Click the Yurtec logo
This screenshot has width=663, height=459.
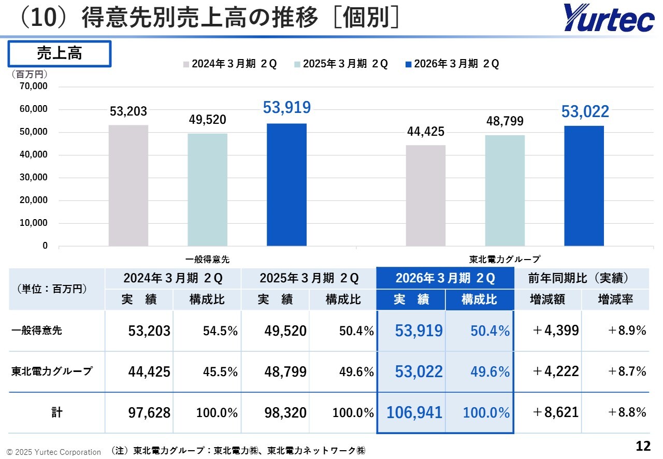click(x=609, y=18)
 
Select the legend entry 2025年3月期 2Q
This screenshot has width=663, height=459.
click(x=341, y=64)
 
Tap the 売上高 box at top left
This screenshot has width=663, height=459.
click(x=60, y=54)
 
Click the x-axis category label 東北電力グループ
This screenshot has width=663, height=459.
click(x=505, y=259)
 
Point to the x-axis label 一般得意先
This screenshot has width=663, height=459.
click(x=207, y=259)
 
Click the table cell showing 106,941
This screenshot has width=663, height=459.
click(x=414, y=412)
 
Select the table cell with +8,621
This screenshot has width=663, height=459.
click(x=556, y=412)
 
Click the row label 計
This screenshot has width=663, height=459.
click(x=56, y=412)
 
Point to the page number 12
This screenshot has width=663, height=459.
click(x=643, y=446)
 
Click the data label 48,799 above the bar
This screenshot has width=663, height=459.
click(x=505, y=121)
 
